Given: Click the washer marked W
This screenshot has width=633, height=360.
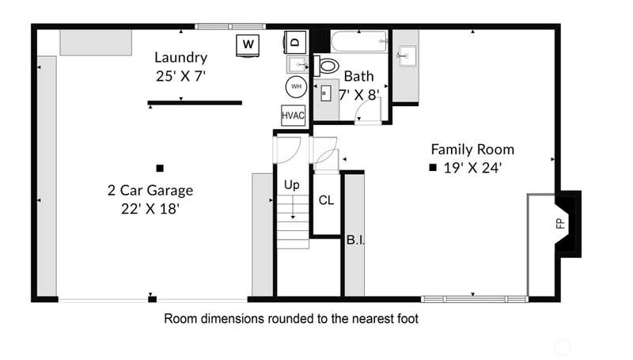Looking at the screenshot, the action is tap(248, 45).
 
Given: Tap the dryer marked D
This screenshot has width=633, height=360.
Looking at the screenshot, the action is tap(295, 42).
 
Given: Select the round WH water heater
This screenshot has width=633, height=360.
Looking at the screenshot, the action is tap(296, 86).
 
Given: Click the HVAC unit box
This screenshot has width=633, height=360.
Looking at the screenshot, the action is tap(293, 116).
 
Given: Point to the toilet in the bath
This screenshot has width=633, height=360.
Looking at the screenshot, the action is tap(326, 66).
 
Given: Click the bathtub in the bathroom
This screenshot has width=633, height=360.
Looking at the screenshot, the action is tap(359, 41).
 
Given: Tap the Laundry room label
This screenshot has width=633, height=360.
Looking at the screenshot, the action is tap(181, 57).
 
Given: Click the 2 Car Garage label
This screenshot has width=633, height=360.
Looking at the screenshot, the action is tap(150, 190).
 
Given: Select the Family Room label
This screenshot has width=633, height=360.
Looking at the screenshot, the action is tap(472, 150).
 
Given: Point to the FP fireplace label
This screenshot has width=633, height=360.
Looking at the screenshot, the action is tap(560, 223).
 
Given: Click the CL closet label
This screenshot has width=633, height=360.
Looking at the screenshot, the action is tap(326, 200).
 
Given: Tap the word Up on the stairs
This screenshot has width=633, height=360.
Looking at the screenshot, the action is tap(291, 185).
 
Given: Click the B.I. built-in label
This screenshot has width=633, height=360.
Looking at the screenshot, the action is tap(355, 240).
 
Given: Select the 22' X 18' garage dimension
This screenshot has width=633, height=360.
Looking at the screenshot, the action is tap(150, 209).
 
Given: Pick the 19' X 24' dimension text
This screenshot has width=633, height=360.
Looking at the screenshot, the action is tap(472, 168).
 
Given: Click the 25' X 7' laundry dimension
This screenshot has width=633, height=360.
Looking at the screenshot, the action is tap(181, 76).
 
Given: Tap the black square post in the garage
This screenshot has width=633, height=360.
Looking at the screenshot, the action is tap(160, 169).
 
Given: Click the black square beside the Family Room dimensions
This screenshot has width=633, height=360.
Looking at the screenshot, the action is tap(433, 168).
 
